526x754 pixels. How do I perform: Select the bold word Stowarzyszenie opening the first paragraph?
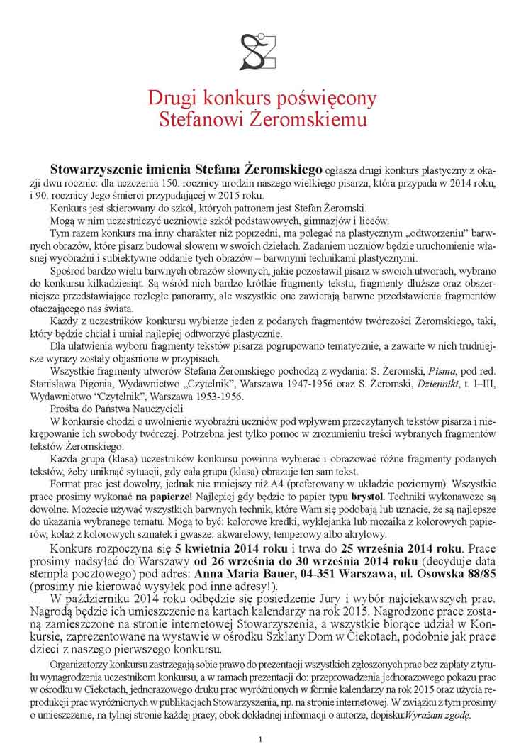(x=101, y=170)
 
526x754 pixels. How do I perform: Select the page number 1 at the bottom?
(x=261, y=741)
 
